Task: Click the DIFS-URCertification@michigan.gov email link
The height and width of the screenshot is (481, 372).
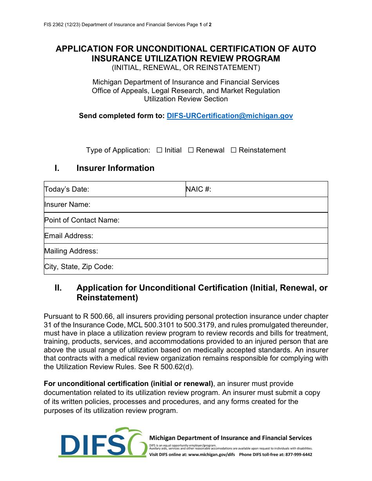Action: click(229, 116)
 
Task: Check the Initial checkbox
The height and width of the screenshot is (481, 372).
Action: click(159, 150)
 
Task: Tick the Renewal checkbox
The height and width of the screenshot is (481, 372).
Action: click(191, 150)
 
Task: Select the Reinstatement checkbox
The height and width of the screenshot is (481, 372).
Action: click(234, 150)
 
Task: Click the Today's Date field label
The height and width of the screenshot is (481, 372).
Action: click(67, 190)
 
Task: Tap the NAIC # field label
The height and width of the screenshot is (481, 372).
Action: click(199, 190)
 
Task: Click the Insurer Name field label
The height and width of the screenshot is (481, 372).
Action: click(67, 205)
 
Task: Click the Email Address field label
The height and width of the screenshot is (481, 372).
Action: click(69, 236)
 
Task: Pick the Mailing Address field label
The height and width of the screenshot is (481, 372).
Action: click(71, 251)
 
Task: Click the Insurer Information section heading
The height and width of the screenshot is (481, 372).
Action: click(115, 168)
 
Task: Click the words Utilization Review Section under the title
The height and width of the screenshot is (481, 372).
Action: click(186, 99)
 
